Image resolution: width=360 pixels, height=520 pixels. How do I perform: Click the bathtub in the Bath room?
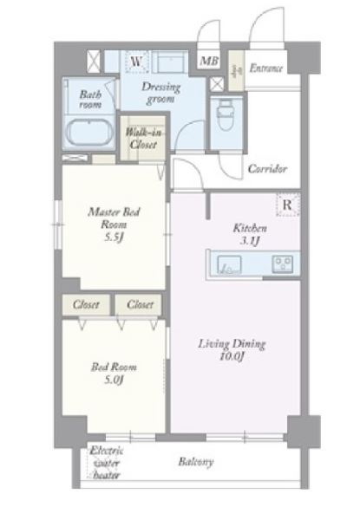coord(89,131)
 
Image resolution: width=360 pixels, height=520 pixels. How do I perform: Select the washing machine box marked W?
coord(136,62)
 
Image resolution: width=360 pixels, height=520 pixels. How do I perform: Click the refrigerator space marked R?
coord(288,205)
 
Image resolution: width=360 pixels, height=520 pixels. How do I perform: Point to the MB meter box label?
coord(209,61)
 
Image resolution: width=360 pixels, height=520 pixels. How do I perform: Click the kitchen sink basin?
coord(229,264)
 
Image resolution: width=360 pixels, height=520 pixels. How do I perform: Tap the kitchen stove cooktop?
coord(282,264)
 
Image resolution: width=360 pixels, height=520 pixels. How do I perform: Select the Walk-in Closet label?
coord(143,139)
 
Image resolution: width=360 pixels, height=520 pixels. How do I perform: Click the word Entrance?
coord(266,68)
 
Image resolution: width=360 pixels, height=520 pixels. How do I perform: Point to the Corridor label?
coord(267,169)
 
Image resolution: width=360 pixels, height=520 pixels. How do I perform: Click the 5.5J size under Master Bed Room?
coord(115,237)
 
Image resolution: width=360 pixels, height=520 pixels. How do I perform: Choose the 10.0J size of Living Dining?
coord(232,356)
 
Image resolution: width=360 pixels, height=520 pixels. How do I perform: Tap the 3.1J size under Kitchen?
coord(249,241)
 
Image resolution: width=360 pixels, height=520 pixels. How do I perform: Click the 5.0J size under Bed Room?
coord(114,380)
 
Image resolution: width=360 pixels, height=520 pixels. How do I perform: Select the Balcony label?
coord(196,462)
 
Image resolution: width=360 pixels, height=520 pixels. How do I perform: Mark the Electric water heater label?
coord(106,463)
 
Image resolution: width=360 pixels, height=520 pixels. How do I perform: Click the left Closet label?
coord(86,304)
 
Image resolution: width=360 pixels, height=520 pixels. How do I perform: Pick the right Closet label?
coord(140,304)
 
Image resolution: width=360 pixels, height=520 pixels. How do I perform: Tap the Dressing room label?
coord(161,94)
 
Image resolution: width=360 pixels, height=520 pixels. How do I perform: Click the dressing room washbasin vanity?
coord(170,62)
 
